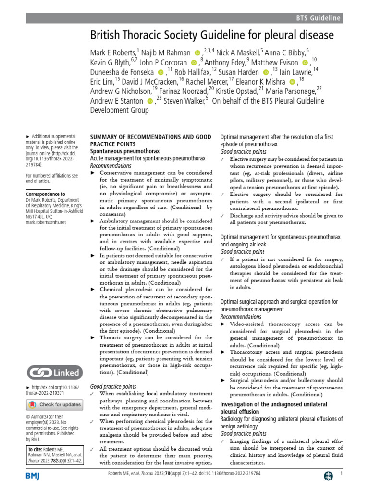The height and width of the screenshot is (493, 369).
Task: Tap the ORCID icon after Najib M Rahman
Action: click(x=197, y=52)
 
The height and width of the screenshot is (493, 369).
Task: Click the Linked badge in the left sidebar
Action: click(x=53, y=373)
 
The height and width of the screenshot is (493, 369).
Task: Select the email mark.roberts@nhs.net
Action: click(x=46, y=222)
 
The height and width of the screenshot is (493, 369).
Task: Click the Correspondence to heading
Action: click(x=46, y=194)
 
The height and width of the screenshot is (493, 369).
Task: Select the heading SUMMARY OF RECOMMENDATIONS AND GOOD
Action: click(x=150, y=137)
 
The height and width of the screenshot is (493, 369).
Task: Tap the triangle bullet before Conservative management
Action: click(x=93, y=172)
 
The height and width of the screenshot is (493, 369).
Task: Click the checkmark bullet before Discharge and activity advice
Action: click(x=222, y=216)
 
